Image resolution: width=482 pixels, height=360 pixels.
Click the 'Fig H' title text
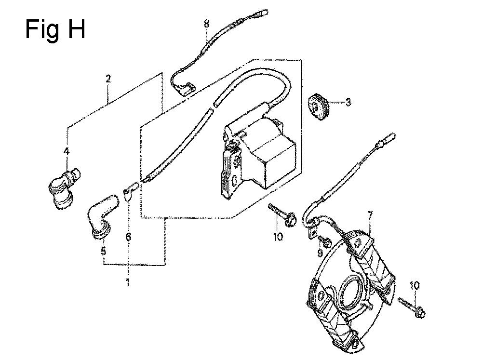pyautogui.click(x=55, y=29)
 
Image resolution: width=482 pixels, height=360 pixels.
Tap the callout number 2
pyautogui.click(x=108, y=79)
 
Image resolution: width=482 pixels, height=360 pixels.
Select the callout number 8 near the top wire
pyautogui.click(x=207, y=23)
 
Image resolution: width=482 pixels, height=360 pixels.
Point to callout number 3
pyautogui.click(x=348, y=102)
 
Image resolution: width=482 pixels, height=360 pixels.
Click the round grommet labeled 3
pyautogui.click(x=319, y=106)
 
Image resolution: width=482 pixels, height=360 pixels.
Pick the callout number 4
pyautogui.click(x=67, y=151)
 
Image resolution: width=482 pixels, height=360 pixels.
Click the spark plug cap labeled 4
pyautogui.click(x=65, y=188)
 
